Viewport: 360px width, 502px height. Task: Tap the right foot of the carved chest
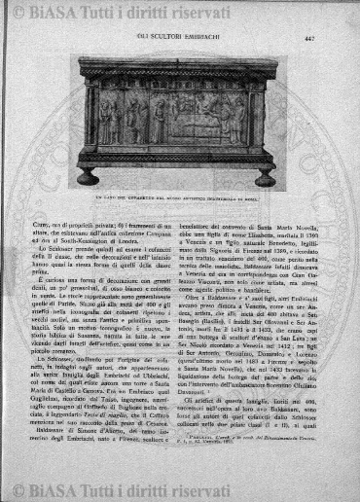[264, 178]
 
